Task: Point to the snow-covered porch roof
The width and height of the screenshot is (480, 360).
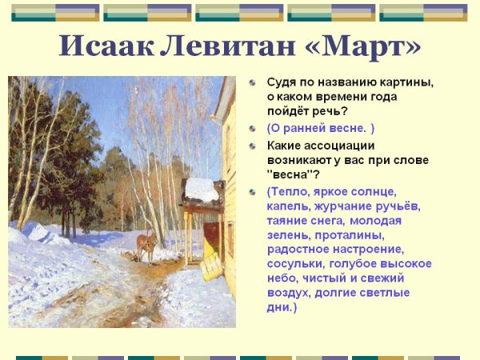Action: click(x=201, y=190)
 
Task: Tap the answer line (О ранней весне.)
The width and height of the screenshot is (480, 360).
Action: click(x=321, y=128)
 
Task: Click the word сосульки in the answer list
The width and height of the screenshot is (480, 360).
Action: click(x=298, y=263)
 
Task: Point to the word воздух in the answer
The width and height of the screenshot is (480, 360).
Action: click(x=290, y=292)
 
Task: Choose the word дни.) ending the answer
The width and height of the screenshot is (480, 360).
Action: click(x=282, y=306)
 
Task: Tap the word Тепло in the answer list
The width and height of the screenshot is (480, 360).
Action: click(x=294, y=191)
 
